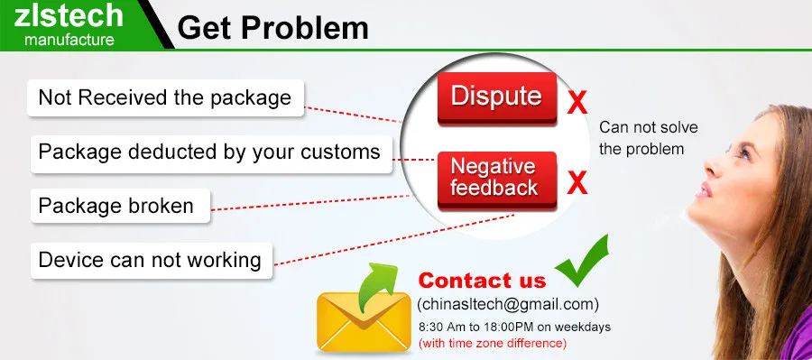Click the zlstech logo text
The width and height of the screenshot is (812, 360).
point(70,16)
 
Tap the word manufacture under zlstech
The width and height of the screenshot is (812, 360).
point(69,40)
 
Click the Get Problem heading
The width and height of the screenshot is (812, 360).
point(272,28)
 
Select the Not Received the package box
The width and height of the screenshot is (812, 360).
point(165,97)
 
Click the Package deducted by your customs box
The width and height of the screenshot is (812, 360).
point(209,151)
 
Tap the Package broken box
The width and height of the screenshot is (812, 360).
point(116,206)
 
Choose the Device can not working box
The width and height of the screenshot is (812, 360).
point(150,261)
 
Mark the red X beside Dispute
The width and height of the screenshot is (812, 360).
point(577,102)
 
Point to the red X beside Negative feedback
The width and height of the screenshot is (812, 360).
point(577,183)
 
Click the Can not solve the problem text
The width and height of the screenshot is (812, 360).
point(648,138)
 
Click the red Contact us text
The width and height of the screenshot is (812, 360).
point(482,280)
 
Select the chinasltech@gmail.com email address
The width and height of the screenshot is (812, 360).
point(507,304)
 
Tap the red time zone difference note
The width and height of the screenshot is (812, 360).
point(492,344)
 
